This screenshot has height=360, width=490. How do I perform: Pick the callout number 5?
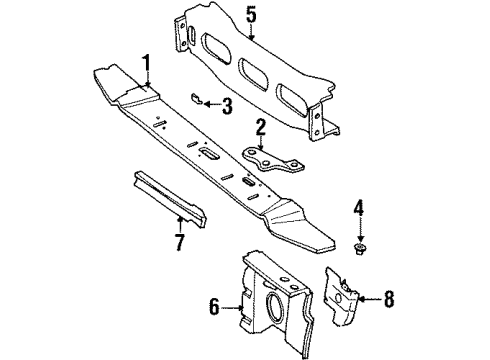(251, 14)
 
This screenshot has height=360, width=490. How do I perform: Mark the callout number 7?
(180, 241)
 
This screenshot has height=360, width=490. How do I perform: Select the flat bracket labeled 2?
(270, 161)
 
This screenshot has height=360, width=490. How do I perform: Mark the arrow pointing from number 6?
(231, 308)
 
